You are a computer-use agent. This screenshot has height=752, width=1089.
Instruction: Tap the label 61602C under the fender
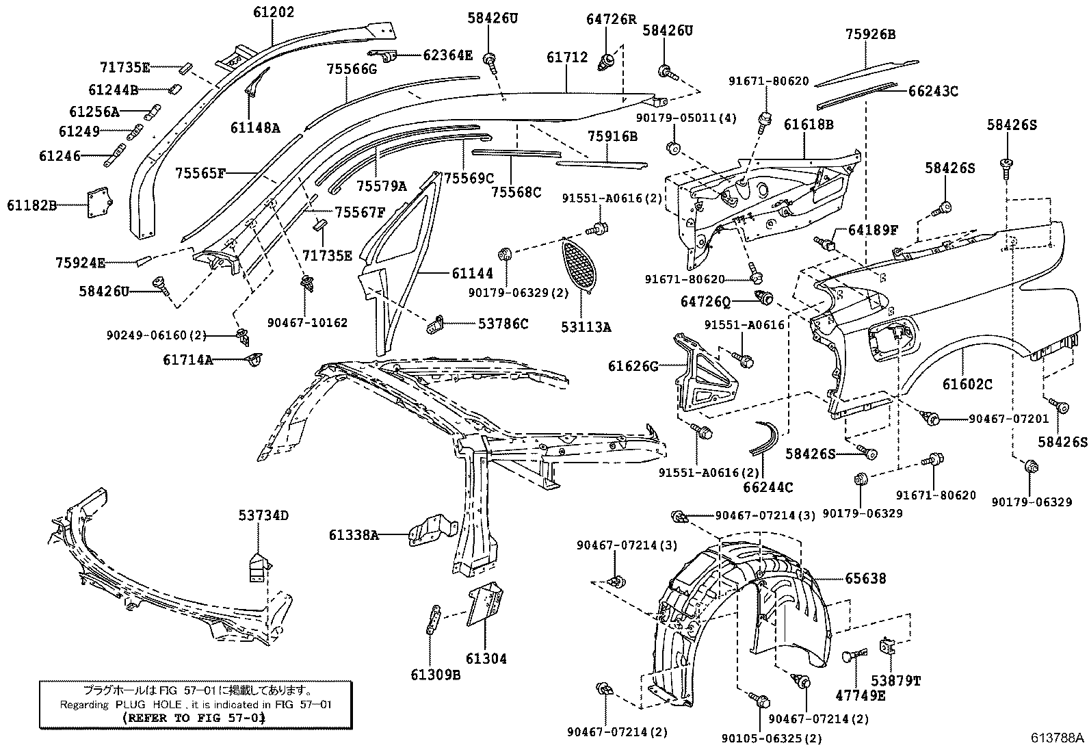[x=967, y=385]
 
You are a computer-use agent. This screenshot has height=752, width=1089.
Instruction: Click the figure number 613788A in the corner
[x=1058, y=738]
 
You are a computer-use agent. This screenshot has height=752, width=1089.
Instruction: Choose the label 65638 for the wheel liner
[x=865, y=579]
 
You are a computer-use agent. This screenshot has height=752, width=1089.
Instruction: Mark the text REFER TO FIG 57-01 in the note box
[x=193, y=718]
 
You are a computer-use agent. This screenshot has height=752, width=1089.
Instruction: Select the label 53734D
[x=263, y=515]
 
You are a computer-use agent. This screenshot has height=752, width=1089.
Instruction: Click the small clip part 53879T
[x=888, y=647]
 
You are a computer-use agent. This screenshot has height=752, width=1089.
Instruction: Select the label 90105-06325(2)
[x=772, y=738]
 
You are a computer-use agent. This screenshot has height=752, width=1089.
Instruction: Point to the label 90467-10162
[x=307, y=322]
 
